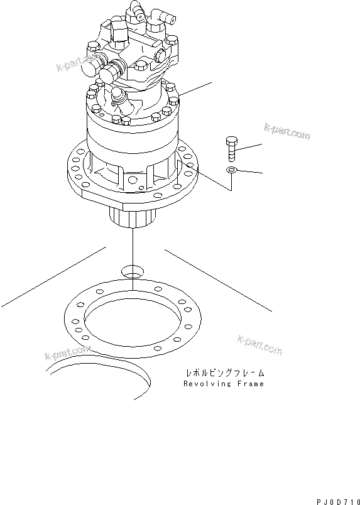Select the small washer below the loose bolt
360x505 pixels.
[231, 170]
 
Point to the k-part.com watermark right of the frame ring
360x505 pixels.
[259, 344]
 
